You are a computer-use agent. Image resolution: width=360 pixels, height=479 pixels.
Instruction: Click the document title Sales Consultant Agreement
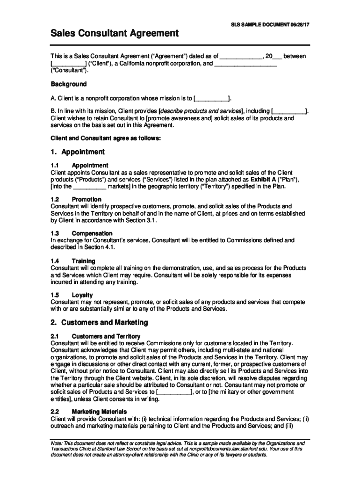pos(115,33)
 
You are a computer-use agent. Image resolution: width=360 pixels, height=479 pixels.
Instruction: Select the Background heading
pos(69,84)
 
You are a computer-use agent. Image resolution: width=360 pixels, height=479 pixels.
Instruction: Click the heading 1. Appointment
pos(78,152)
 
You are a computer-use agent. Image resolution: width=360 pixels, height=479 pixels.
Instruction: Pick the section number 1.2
pos(54,199)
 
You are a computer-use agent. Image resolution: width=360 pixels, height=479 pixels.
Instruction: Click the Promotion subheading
pos(86,199)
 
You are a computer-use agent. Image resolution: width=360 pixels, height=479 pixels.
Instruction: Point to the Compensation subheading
pos(92,233)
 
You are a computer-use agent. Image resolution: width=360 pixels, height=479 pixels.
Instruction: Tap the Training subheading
pos(84,261)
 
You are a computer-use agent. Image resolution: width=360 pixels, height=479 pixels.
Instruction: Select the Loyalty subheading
pos(82,295)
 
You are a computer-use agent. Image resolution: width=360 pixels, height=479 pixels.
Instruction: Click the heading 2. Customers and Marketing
pos(99,322)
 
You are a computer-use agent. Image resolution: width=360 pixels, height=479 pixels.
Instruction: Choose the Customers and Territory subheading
pos(106,336)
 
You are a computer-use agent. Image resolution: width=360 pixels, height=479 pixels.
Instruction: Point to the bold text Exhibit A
pos(252,180)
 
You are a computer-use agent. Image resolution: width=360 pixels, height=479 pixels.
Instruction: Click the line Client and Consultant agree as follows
pos(105,138)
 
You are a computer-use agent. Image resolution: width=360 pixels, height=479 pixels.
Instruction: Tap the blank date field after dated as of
pos(241,56)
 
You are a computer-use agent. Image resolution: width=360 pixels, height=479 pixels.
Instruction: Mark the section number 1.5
pos(54,295)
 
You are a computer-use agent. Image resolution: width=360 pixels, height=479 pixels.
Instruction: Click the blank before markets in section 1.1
pos(90,186)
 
